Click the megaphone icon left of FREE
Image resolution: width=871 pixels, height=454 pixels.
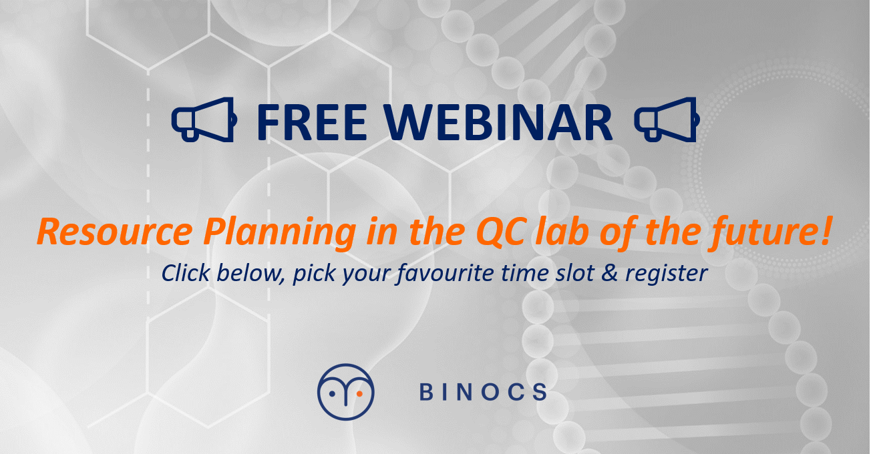coord(204,120)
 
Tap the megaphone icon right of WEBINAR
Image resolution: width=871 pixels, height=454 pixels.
coord(667,120)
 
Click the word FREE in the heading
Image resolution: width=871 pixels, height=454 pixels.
coord(312,122)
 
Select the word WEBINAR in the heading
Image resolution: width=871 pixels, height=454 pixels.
coord(498,122)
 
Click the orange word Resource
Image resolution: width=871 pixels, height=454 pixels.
coord(115,232)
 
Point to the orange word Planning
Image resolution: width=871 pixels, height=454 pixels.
coord(280,233)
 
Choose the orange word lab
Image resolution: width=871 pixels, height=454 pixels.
coord(560,231)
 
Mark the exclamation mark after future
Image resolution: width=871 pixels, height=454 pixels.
coord(827,231)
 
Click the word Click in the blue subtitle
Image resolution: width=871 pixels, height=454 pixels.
coord(186,272)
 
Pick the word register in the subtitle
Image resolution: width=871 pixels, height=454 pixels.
coord(666,274)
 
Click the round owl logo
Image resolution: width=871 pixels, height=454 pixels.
coord(346,392)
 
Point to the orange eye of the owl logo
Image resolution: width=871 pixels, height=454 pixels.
coord(359,394)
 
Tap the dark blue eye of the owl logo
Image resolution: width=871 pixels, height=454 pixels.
coord(332,394)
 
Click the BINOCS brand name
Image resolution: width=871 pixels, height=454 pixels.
coord(484,392)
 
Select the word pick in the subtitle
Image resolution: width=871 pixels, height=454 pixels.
coord(314,274)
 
